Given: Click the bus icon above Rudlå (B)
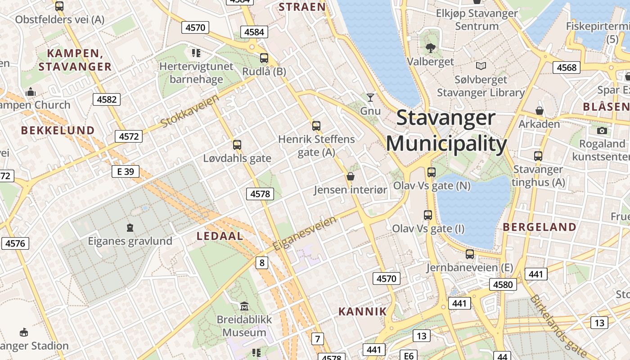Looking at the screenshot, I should [x=264, y=58].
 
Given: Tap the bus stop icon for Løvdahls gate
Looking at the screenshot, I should [x=237, y=145].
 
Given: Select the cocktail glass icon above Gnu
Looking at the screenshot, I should [x=370, y=97].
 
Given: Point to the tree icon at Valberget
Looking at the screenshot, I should [x=431, y=48].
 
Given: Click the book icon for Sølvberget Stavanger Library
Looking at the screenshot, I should [x=481, y=66].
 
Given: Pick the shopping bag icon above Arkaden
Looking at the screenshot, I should [x=539, y=111].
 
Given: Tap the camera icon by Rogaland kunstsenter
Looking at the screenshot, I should [x=602, y=131].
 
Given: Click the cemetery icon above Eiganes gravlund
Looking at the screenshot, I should [x=130, y=228].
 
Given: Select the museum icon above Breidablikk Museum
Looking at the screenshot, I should [x=244, y=306].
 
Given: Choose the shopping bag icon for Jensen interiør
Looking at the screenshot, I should [x=351, y=176].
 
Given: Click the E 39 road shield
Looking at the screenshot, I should [x=126, y=171].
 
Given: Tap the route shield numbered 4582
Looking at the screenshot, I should [x=107, y=99].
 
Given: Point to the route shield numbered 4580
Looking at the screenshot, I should [x=503, y=284].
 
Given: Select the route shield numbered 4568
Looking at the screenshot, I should [x=566, y=67].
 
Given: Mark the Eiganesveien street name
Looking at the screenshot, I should [x=305, y=234].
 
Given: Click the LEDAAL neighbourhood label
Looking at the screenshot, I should [x=220, y=236].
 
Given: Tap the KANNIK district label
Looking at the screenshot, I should [x=362, y=311].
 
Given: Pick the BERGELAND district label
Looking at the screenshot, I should [x=540, y=227].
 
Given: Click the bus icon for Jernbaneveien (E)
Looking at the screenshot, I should [x=470, y=254].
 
